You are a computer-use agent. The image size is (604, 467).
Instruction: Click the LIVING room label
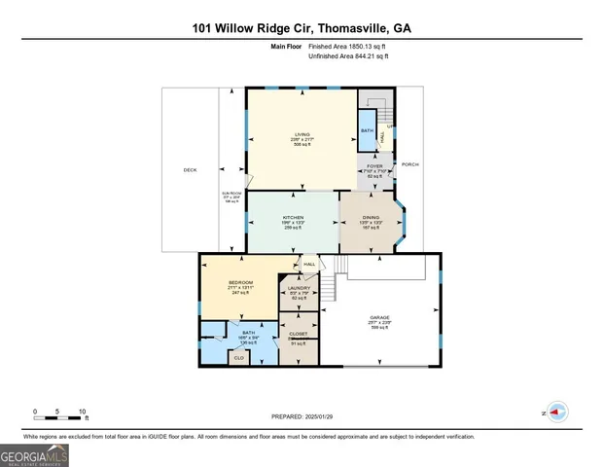click(302, 134)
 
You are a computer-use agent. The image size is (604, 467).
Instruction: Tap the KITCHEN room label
click(293, 217)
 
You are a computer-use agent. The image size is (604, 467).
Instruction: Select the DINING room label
click(371, 217)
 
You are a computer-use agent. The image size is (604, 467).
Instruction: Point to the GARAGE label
click(378, 317)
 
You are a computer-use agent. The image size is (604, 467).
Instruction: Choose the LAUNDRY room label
click(299, 288)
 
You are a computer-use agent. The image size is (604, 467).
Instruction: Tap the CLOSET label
click(299, 334)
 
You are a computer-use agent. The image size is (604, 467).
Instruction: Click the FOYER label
click(375, 166)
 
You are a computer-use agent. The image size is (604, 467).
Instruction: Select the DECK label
click(190, 170)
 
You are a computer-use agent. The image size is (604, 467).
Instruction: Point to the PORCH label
click(410, 164)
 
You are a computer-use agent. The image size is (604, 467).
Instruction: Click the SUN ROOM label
click(231, 196)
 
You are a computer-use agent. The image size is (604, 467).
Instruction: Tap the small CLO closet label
click(238, 358)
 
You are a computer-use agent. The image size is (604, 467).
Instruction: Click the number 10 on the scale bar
click(83, 412)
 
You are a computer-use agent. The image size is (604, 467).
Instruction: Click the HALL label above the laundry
click(309, 264)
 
